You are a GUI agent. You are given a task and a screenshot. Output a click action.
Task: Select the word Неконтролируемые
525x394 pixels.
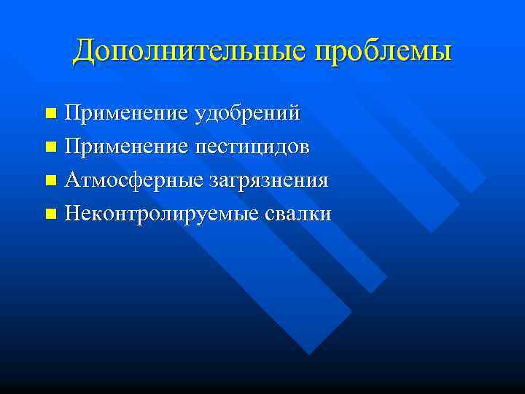[x=154, y=214]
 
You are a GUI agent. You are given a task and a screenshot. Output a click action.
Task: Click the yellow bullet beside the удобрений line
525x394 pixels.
[x=50, y=114]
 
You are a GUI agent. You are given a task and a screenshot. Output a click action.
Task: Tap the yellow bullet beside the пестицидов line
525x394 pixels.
[x=50, y=147]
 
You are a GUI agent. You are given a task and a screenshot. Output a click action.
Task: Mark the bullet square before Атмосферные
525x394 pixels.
[x=50, y=181]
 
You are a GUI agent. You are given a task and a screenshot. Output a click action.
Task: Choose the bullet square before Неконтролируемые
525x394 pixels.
[x=50, y=215]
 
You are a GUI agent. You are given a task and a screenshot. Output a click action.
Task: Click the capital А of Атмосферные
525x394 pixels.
[x=71, y=179]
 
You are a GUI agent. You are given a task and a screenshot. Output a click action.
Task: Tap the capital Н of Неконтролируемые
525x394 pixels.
[x=72, y=214]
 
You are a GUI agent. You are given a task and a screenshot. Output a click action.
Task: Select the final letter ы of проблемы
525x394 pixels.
[x=441, y=53]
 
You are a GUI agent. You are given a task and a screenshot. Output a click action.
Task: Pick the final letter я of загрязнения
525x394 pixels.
[x=322, y=181]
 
